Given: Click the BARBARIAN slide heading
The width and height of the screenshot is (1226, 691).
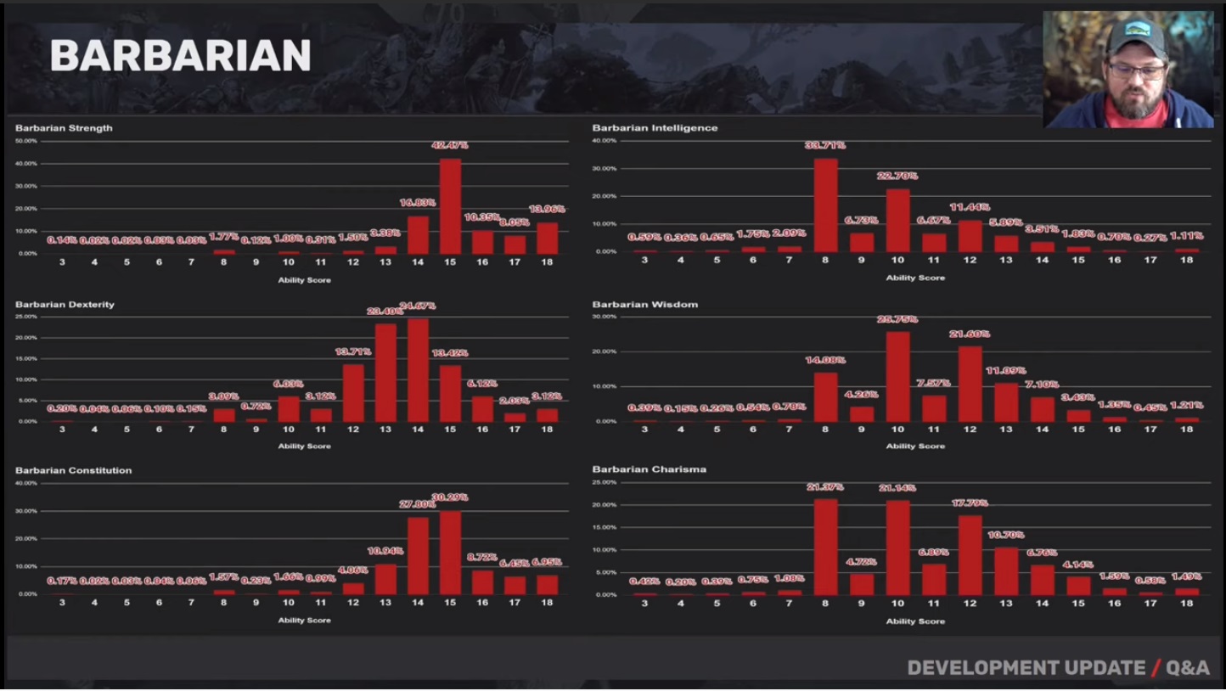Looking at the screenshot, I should (x=180, y=56).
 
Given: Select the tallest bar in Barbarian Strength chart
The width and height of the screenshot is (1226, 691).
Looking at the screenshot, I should (x=450, y=206).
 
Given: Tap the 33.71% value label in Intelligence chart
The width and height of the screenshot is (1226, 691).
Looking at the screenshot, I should (x=824, y=145).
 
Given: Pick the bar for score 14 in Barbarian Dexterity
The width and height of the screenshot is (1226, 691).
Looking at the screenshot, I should (x=418, y=370).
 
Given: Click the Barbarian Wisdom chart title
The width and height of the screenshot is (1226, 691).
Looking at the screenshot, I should (x=644, y=304).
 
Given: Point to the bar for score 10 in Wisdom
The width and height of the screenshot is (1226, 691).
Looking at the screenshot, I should (x=897, y=377).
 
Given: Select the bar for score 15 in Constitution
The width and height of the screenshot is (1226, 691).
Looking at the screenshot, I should (x=450, y=552).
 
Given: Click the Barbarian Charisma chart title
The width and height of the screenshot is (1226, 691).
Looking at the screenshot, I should (x=649, y=469).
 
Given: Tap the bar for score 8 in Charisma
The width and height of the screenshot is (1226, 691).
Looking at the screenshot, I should (x=825, y=547).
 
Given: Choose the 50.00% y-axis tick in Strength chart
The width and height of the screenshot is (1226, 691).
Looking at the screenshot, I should (x=25, y=140).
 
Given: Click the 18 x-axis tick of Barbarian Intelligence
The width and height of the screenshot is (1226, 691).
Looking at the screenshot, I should (x=1186, y=260).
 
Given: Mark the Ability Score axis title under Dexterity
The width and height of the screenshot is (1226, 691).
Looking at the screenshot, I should (x=304, y=446).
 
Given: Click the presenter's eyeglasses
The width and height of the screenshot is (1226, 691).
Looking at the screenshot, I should (x=1136, y=71).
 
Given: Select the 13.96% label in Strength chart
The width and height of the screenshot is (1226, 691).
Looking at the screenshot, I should (x=547, y=209).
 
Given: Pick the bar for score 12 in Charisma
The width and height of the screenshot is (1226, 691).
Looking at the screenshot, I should (x=970, y=555).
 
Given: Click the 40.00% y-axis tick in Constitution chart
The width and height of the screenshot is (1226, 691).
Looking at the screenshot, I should (x=25, y=483).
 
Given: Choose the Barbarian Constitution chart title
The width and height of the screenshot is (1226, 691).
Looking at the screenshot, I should (x=73, y=470).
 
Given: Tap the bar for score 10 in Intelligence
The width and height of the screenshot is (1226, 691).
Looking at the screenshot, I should (x=897, y=221).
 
